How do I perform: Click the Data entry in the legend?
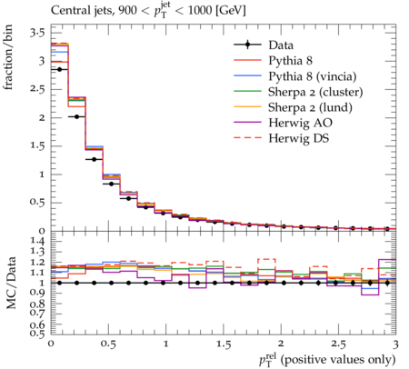point(281,45)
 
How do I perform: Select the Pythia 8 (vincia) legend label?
point(313,76)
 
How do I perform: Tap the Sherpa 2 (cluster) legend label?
point(315,92)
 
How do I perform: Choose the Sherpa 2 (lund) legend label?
point(310,107)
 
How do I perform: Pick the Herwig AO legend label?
point(300,123)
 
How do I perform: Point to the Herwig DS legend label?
point(299,138)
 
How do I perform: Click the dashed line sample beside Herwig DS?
point(247,138)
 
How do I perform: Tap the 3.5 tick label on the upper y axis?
point(37,33)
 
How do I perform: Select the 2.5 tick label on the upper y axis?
point(37,89)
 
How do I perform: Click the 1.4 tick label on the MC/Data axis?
point(37,241)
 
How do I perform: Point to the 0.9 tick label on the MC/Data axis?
point(37,293)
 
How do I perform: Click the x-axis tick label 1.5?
point(224,344)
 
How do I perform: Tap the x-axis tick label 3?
point(395,344)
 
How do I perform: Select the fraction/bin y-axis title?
point(8,56)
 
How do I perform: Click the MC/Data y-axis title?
point(11,283)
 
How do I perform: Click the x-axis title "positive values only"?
point(338,360)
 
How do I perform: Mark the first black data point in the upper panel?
point(59,69)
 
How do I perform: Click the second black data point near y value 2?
point(76,116)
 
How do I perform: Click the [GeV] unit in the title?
point(230,11)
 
